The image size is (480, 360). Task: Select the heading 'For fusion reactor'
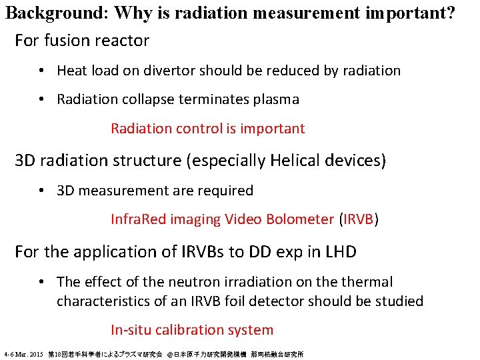[82, 41]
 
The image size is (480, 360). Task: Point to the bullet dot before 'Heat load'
[41, 71]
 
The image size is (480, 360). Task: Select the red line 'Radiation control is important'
[207, 129]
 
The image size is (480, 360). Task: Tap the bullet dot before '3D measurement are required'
[41, 191]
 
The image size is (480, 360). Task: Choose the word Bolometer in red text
[299, 219]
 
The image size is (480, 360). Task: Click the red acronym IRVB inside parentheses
[359, 219]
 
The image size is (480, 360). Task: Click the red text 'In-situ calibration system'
[192, 330]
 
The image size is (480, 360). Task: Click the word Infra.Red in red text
[139, 219]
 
